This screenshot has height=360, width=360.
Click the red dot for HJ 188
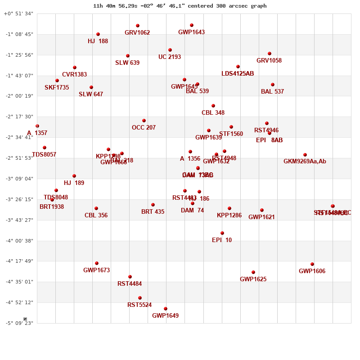[x=98, y=34]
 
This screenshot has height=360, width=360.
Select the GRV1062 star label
[x=137, y=33]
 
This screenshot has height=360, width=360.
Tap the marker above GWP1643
[x=192, y=25]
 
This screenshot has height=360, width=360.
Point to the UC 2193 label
[x=170, y=57]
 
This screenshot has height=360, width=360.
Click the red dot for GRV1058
[x=270, y=54]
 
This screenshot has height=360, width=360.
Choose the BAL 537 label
[x=272, y=92]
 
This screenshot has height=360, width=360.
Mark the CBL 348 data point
[x=213, y=106]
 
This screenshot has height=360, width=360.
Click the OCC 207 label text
[x=144, y=128]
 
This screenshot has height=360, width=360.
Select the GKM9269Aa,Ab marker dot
[x=305, y=155]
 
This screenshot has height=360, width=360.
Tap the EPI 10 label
[x=222, y=240]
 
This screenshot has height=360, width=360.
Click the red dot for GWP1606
[x=312, y=264]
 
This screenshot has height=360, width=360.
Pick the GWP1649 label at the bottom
[x=165, y=316]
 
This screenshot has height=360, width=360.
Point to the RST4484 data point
[x=130, y=277]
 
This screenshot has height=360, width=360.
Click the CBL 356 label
[x=96, y=216]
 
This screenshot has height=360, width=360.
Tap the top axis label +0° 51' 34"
[x=18, y=14]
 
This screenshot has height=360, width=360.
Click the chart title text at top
[x=180, y=6]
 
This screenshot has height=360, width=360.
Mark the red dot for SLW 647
[x=91, y=87]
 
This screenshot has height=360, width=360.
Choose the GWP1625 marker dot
[x=253, y=272]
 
